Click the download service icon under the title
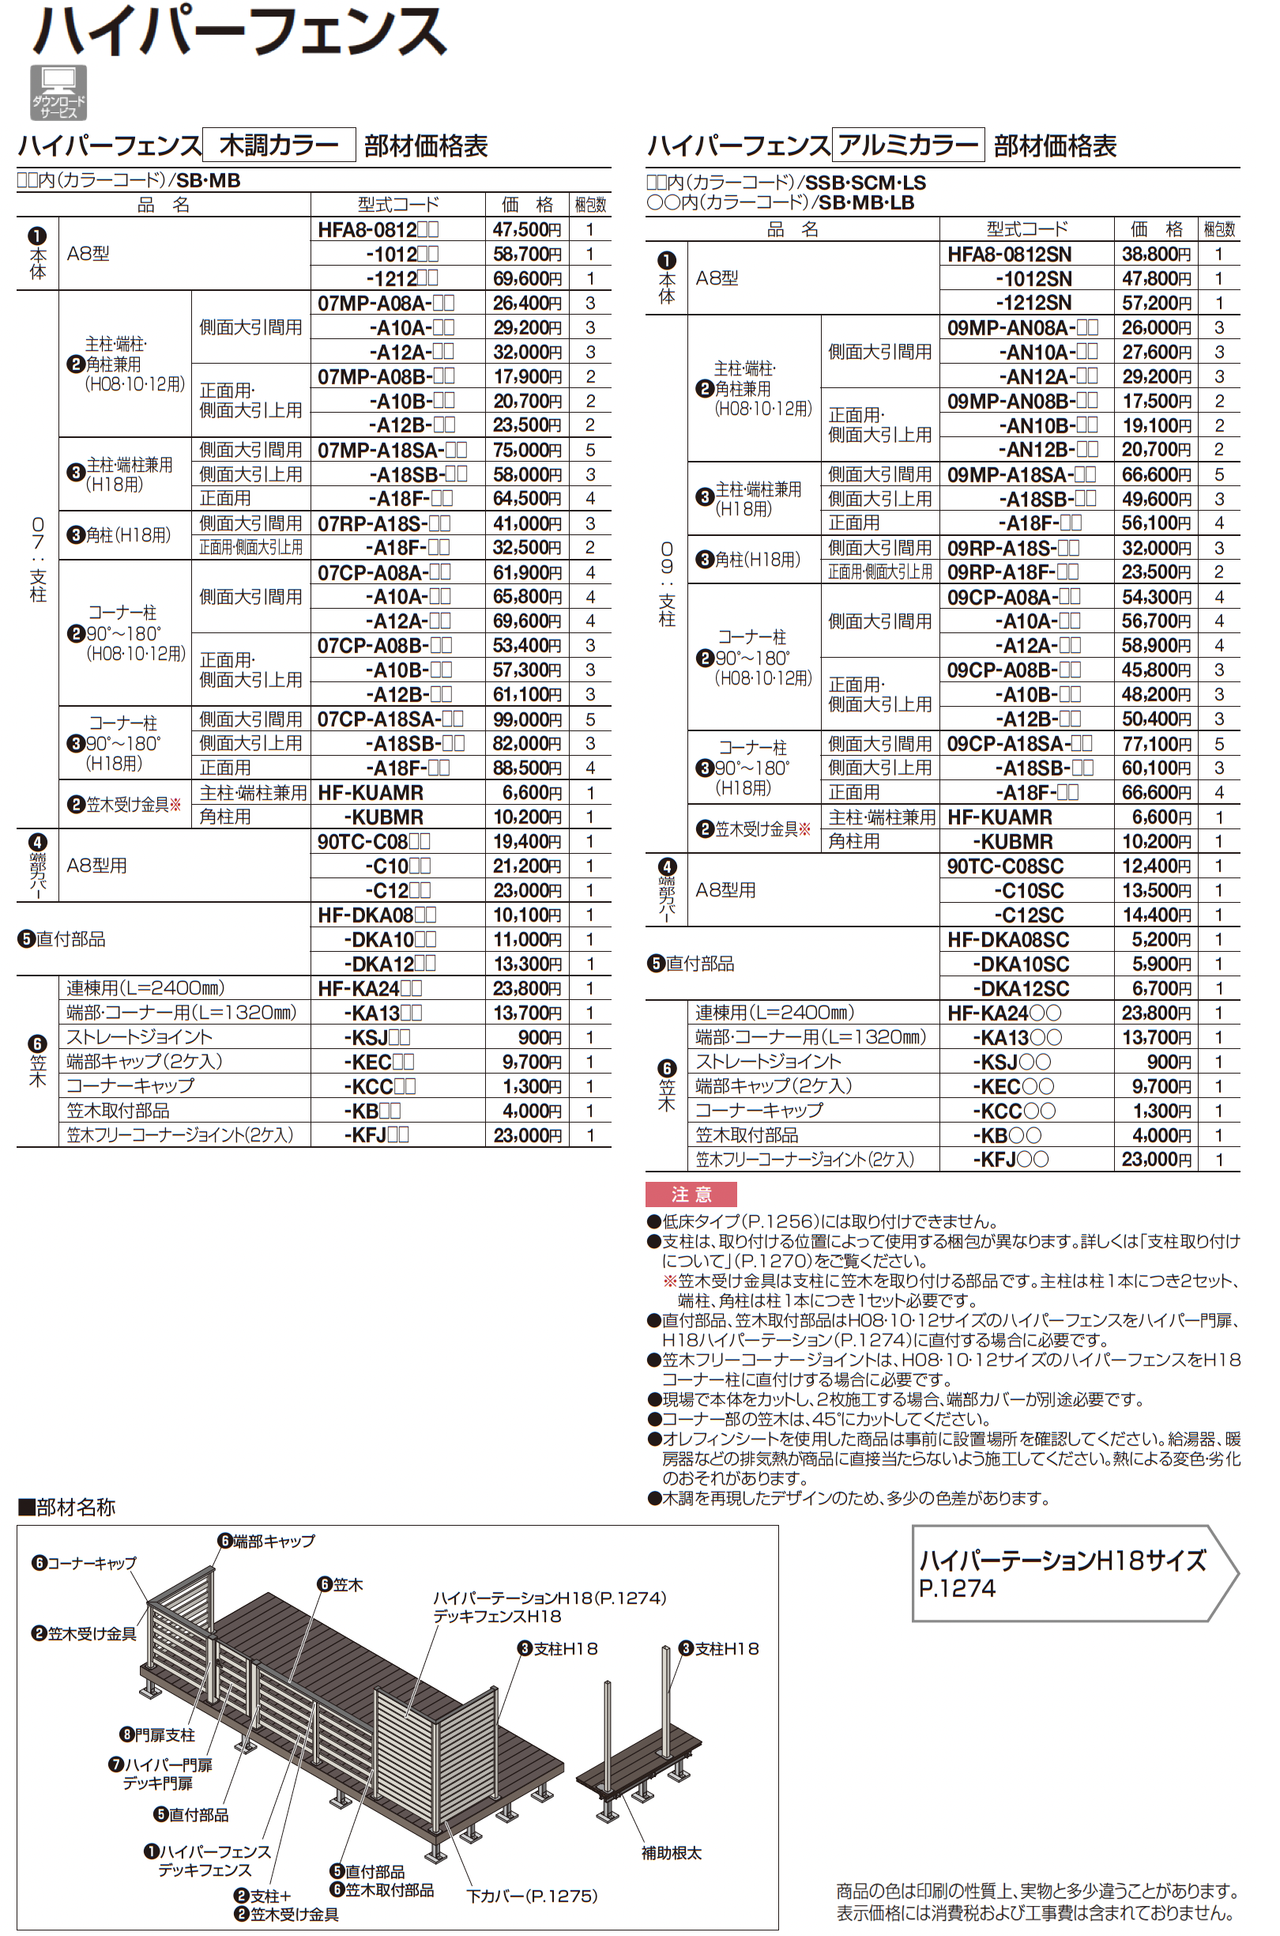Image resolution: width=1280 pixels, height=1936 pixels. [x=58, y=92]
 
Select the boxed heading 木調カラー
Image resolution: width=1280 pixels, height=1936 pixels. [x=278, y=145]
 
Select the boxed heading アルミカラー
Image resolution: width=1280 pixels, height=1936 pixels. [x=908, y=145]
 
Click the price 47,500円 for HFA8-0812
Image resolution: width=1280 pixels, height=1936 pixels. [x=526, y=229]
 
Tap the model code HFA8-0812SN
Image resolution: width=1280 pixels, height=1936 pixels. [x=1009, y=255]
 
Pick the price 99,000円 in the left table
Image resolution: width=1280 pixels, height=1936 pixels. [x=526, y=719]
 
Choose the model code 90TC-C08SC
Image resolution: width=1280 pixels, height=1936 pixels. [x=1005, y=866]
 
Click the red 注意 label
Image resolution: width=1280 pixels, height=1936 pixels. [x=691, y=1194]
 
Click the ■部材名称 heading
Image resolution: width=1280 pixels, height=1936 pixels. [x=67, y=1508]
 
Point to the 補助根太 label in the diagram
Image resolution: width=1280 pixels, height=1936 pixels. [x=671, y=1853]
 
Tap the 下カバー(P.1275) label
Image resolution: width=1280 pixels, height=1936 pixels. [x=532, y=1896]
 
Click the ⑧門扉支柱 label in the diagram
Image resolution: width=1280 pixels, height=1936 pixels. [x=157, y=1734]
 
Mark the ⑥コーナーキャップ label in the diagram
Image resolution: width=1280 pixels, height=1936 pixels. [x=84, y=1563]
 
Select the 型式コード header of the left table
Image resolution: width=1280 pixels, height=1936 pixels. [x=397, y=204]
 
